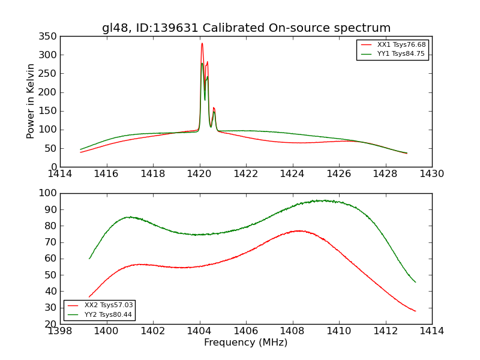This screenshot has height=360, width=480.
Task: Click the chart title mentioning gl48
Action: tap(246, 28)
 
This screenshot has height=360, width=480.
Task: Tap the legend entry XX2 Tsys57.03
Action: tap(108, 305)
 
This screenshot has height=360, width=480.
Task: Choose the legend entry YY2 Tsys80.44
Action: tap(108, 314)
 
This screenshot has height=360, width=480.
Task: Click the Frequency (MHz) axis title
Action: tap(245, 343)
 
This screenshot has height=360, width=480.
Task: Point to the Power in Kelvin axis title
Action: tap(31, 101)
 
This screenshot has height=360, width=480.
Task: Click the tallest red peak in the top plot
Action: tap(202, 43)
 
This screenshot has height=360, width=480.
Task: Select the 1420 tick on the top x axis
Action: tap(199, 174)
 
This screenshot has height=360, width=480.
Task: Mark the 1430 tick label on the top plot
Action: tap(431, 174)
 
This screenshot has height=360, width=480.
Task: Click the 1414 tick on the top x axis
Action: tap(60, 174)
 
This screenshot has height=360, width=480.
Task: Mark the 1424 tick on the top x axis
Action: tap(292, 174)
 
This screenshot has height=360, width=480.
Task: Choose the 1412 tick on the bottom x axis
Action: tap(385, 331)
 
